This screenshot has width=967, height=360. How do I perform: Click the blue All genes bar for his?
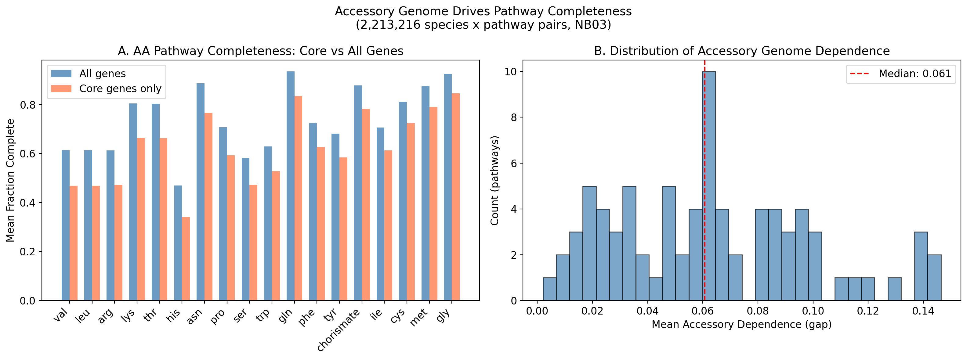coord(178,243)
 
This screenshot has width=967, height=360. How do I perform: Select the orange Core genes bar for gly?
coord(456,197)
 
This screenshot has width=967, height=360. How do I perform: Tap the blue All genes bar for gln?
coord(291,186)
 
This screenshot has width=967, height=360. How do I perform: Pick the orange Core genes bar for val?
coord(74,243)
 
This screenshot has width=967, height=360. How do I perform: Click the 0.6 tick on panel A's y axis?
coord(28,154)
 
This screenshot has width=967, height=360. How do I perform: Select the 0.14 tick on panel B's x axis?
coord(923,311)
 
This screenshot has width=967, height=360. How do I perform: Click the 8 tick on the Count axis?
coord(513,117)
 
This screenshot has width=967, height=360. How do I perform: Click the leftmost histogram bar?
coord(549,289)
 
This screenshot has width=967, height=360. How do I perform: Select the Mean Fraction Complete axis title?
coord(10,180)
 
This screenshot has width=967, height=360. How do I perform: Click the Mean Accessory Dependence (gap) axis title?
coord(741,324)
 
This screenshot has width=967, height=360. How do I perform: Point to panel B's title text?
coord(742,51)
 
